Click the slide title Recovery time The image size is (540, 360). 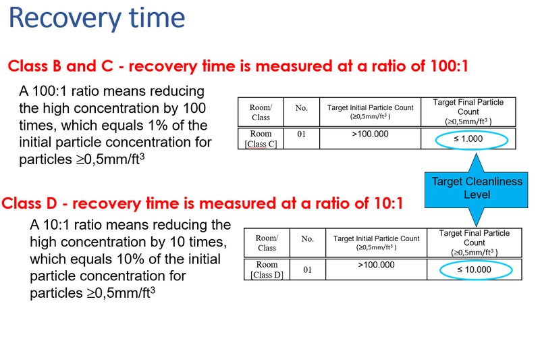click(97, 18)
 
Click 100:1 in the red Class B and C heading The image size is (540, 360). click(449, 66)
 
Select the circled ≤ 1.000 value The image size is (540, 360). click(468, 139)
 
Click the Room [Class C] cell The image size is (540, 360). click(261, 138)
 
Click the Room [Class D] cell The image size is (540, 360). click(267, 269)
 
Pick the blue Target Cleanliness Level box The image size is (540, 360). click(477, 190)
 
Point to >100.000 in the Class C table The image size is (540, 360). click(370, 134)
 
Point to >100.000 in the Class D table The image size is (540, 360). click(377, 265)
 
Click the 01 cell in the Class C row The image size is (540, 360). click(301, 134)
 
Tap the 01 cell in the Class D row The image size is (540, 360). click(308, 269)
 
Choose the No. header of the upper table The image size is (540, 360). click(301, 108)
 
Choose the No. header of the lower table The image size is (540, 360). click(308, 239)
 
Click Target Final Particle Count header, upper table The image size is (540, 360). click(468, 111)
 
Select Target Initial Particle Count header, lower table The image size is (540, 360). click(377, 242)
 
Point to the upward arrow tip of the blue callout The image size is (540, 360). click(477, 153)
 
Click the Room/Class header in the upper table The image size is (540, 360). click(261, 112)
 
